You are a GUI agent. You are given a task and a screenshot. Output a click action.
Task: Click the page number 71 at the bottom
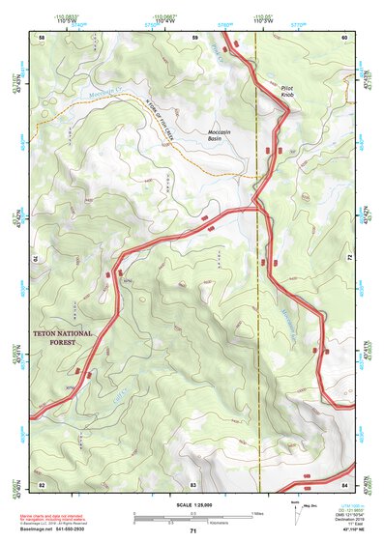[192, 531]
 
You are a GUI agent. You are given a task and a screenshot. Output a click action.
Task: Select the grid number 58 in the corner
[42, 37]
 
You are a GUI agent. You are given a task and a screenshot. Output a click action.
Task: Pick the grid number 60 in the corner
[344, 37]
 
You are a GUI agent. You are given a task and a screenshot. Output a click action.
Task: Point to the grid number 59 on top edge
[194, 37]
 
